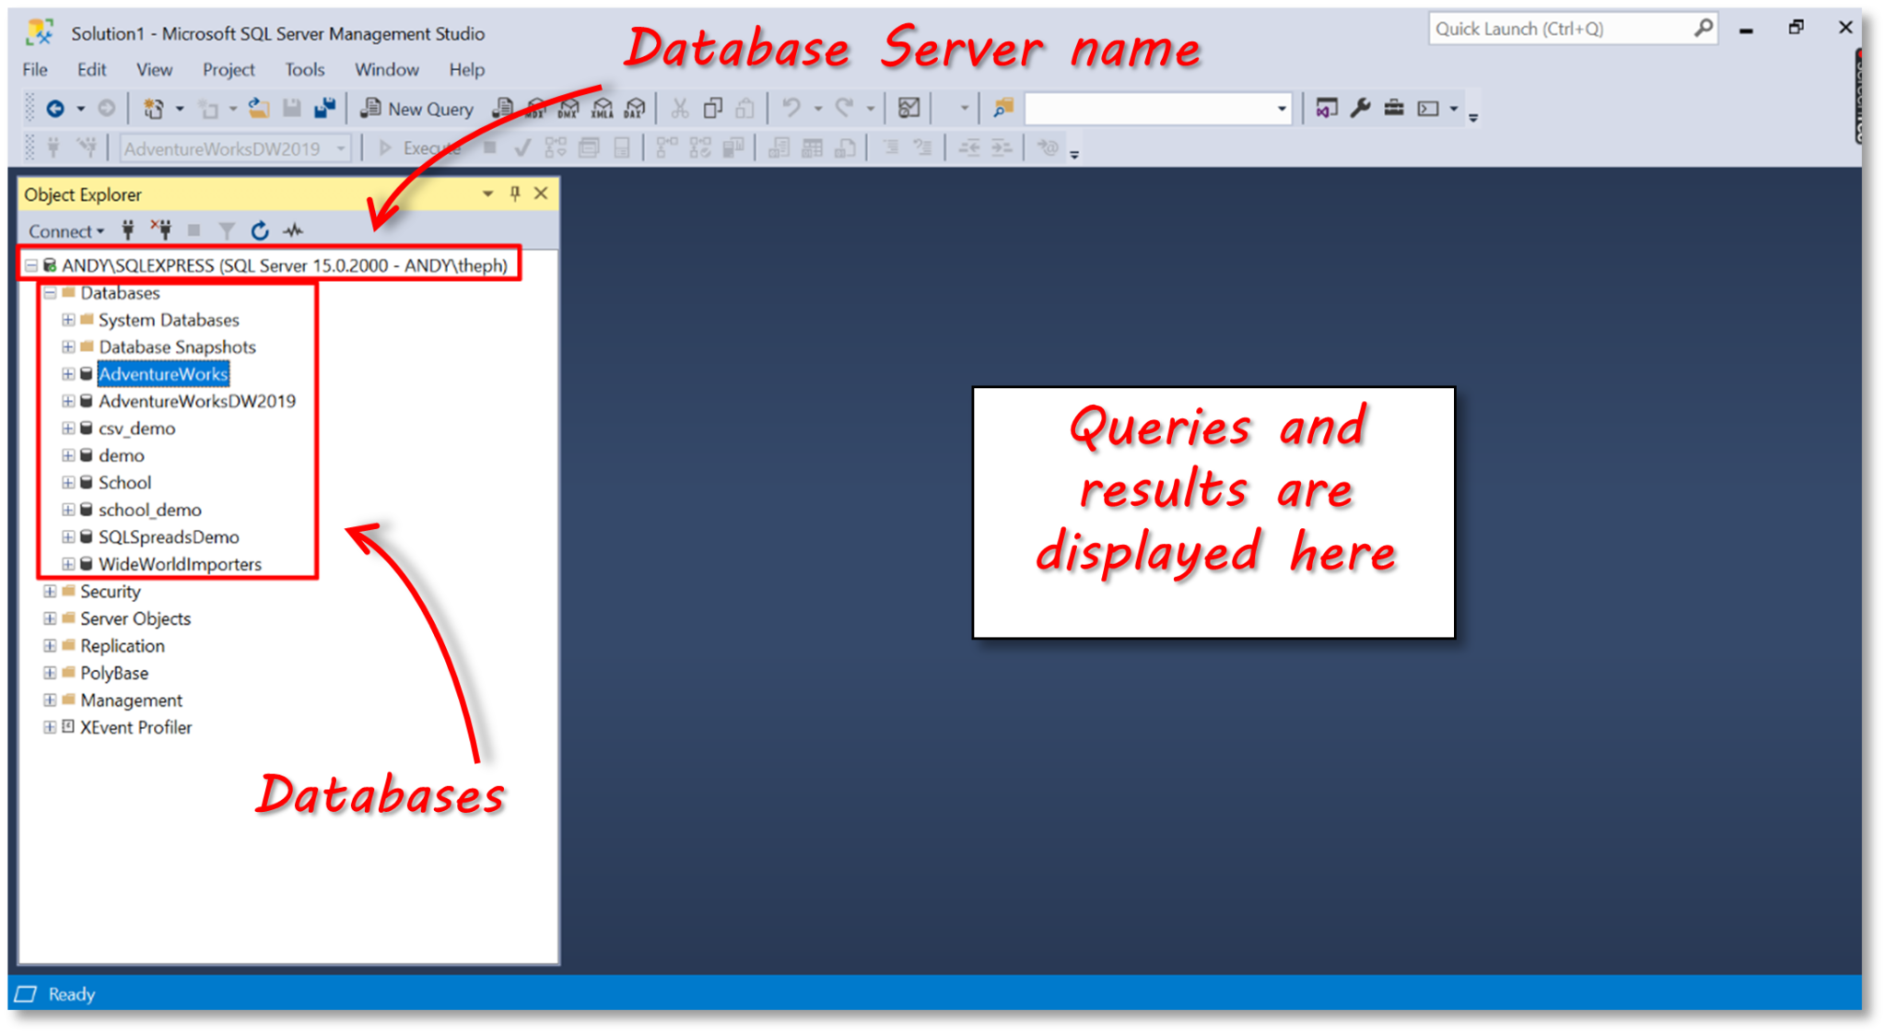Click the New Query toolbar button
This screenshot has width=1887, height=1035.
(x=418, y=109)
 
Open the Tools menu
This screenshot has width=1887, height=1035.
(x=304, y=69)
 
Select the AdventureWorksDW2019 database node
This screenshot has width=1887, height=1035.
(x=196, y=401)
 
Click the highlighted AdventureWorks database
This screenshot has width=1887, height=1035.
(x=163, y=374)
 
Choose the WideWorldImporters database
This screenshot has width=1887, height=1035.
(x=180, y=564)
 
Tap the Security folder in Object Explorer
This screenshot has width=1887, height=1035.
(x=110, y=592)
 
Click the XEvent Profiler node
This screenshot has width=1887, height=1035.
(x=135, y=727)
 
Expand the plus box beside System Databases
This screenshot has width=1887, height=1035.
(x=68, y=320)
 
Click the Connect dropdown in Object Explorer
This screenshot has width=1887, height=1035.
(x=65, y=231)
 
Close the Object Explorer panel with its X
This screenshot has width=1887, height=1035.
(x=541, y=194)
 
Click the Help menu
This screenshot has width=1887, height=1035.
(x=466, y=69)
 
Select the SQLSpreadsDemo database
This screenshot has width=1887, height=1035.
(x=169, y=537)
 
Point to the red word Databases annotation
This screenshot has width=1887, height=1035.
(x=380, y=794)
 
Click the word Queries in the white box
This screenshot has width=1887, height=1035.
(x=1160, y=428)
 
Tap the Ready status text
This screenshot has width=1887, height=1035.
(x=72, y=994)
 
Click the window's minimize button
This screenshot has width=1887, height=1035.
(x=1746, y=29)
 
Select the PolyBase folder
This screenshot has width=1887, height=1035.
(x=114, y=673)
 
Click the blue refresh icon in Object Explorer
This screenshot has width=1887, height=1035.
(x=260, y=230)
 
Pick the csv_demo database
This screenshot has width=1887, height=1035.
(x=136, y=429)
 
